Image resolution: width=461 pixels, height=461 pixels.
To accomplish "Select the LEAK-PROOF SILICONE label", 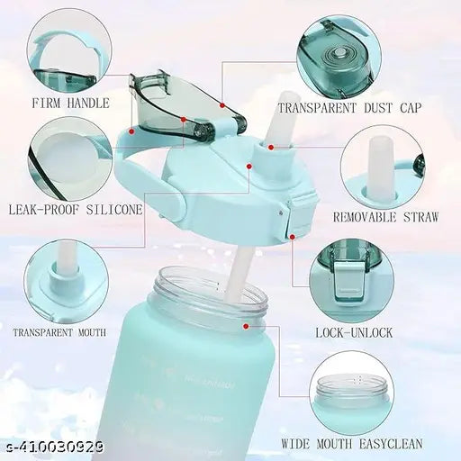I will (x=75, y=209).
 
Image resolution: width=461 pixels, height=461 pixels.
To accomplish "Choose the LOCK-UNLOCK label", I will (x=354, y=332).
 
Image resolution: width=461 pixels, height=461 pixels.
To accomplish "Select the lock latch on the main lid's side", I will (x=294, y=220).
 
